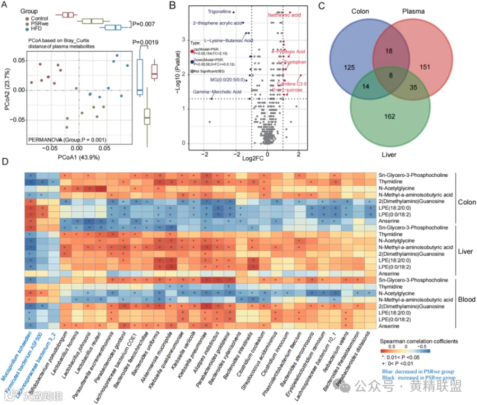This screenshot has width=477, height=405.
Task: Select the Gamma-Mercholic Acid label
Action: (x=217, y=92)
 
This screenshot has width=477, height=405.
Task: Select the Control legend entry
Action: (x=41, y=17)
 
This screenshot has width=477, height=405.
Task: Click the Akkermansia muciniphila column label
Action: (x=159, y=358)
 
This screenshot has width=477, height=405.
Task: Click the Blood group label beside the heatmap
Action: (x=467, y=299)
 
